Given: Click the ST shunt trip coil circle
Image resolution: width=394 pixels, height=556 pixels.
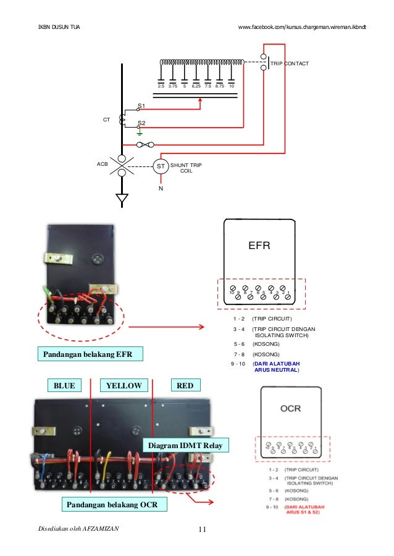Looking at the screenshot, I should [160, 166].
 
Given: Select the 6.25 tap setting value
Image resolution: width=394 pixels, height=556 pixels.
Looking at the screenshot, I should [196, 87].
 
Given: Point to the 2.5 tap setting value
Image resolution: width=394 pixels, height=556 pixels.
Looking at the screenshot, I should [161, 87].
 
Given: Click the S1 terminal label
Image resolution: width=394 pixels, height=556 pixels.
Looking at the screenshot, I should [141, 105].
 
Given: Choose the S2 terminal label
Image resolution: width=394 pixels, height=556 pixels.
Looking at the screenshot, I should [141, 123].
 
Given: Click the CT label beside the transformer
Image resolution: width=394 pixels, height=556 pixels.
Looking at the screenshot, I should [106, 119].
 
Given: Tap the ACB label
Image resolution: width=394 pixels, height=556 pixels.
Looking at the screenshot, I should [103, 165].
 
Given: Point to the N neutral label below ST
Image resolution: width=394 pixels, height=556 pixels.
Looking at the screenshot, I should [161, 188].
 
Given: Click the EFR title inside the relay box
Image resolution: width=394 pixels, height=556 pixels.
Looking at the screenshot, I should [259, 245].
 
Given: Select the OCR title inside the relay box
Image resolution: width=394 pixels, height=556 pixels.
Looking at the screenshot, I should [291, 408].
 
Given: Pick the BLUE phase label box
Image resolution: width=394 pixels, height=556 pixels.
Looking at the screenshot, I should [64, 386].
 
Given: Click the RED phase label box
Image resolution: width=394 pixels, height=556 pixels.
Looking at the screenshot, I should [185, 386].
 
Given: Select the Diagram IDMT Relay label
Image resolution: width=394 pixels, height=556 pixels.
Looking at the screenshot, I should [186, 445].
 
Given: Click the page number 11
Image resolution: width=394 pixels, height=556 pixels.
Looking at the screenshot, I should [202, 529].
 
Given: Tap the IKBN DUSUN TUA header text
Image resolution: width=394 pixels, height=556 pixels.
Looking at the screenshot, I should [59, 28].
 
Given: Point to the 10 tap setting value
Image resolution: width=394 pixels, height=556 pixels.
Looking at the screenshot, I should [232, 87].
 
